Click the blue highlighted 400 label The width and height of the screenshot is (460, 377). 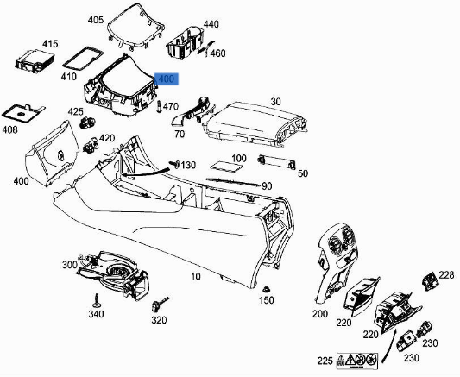[166, 79]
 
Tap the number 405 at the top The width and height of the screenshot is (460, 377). [95, 19]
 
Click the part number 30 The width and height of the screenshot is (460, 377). [275, 102]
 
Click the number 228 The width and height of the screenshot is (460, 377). [445, 275]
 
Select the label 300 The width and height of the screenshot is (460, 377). [68, 264]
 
